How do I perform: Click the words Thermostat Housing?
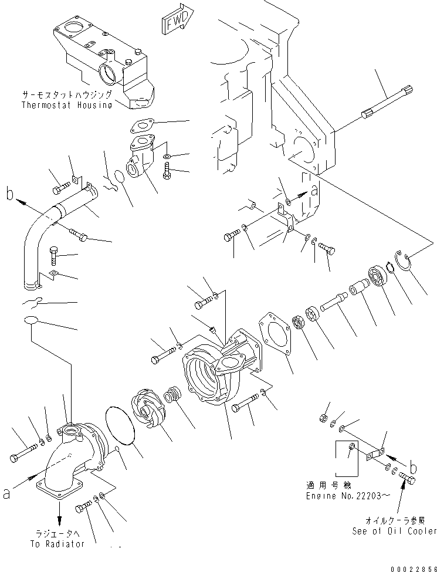coord(66,105)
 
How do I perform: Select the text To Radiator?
coord(57,544)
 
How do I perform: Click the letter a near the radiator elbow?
coord(6,494)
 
